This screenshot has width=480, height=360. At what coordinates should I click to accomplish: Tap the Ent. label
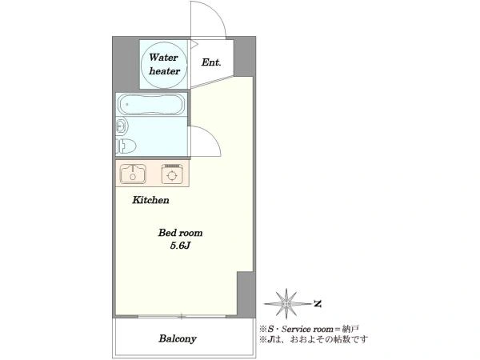point(211,62)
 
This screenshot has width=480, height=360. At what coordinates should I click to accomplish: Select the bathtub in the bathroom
point(151,104)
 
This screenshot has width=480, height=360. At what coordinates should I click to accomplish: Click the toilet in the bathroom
point(126,146)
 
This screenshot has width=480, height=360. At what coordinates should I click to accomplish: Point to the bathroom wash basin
point(122,126)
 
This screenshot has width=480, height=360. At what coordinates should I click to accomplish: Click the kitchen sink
point(133,174)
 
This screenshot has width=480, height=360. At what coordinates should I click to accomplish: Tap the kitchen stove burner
point(172,174)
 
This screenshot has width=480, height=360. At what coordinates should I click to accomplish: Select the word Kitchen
point(150,200)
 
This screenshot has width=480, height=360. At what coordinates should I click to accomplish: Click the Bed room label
point(180,233)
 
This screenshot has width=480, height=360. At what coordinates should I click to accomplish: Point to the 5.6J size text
point(181,246)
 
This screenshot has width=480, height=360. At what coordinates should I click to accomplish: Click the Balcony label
point(178,338)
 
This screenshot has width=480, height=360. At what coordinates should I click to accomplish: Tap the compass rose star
point(286,304)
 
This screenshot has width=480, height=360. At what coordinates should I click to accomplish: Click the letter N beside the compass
point(318,304)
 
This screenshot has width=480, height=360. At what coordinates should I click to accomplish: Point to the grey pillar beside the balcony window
point(246,294)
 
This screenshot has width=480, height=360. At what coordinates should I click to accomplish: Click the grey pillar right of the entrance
point(245,56)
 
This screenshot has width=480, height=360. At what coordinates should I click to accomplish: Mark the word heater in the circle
point(164,71)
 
